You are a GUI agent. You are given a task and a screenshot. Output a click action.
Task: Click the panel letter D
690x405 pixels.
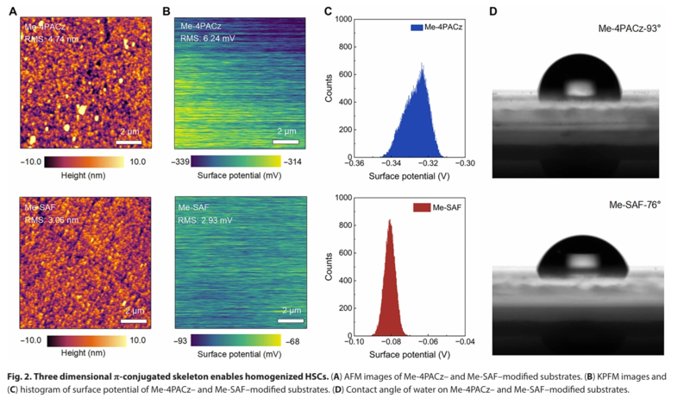coord(493,12)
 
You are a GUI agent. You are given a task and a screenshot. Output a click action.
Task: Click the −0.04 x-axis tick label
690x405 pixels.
coord(466,342)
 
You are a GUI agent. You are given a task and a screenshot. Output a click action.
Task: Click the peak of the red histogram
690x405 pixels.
coord(390,221)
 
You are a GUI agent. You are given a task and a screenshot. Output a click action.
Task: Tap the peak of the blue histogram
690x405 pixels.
coord(421,64)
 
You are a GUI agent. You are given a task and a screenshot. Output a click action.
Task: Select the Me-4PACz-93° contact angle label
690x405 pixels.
coord(630,29)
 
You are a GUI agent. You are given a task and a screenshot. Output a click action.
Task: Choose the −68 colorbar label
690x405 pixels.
coord(293,340)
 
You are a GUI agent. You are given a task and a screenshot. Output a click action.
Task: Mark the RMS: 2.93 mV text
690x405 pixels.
coord(205,221)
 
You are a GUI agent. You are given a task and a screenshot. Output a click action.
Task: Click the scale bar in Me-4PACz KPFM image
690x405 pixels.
coord(287,140)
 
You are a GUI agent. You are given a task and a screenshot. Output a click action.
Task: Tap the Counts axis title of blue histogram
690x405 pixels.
coord(329,87)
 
